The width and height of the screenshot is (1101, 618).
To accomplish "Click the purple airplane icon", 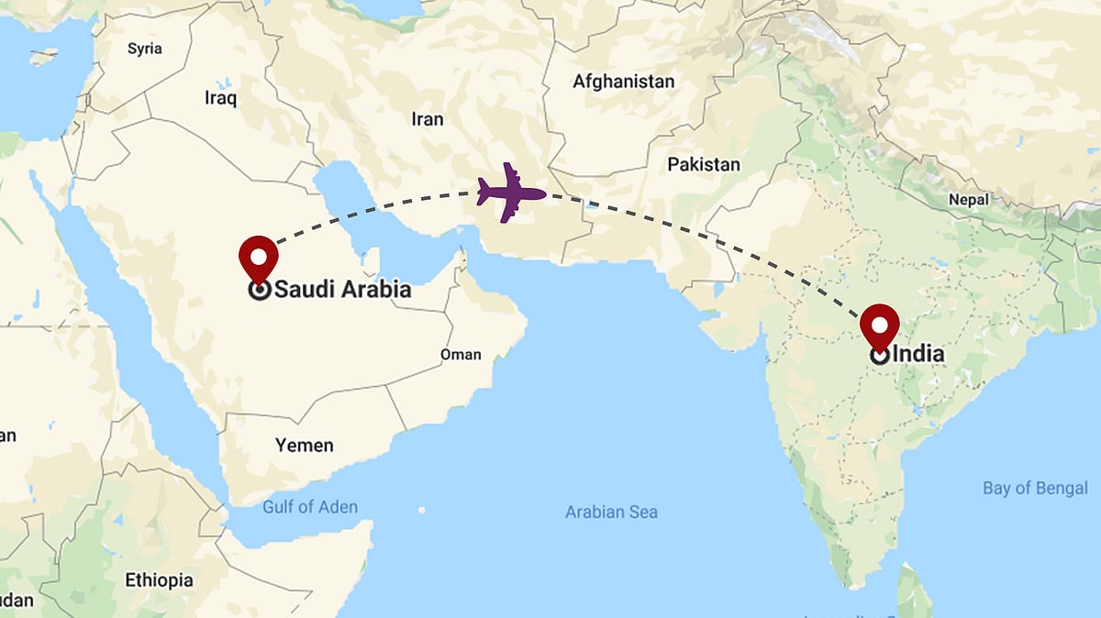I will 511,193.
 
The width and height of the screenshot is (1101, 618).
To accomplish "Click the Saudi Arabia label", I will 343,291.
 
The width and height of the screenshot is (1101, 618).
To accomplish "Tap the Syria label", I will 145,49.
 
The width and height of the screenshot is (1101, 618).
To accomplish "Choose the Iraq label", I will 220,98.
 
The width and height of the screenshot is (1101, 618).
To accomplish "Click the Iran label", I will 428,119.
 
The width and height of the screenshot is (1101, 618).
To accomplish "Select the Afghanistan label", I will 623,82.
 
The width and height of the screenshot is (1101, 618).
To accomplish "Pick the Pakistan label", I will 703,165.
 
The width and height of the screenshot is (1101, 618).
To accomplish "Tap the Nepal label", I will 969,199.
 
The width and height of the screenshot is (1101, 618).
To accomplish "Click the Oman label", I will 461,354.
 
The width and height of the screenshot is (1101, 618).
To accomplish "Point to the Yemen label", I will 305,446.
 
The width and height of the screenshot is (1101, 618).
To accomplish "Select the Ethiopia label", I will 159,580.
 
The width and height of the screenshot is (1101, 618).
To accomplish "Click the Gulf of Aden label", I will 310,507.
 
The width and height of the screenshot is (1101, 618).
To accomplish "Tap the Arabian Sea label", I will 611,513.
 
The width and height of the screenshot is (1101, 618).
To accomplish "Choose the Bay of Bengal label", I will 1035,488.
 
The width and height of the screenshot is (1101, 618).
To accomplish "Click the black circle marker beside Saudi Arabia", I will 259,291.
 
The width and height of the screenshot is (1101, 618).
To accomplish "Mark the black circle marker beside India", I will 879,356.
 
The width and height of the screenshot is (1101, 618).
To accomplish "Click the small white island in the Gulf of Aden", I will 421,510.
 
